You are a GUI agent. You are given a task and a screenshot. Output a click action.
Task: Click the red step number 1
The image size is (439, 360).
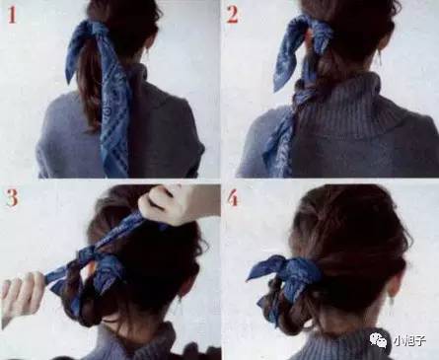[x=12, y=16]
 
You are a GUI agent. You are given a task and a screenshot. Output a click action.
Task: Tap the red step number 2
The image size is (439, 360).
[x=232, y=16]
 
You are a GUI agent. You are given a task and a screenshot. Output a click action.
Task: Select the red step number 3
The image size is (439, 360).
[x=12, y=198]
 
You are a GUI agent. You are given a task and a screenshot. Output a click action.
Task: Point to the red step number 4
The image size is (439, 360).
[x=232, y=198]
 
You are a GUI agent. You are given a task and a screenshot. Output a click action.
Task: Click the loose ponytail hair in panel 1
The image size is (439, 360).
[x=89, y=89]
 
